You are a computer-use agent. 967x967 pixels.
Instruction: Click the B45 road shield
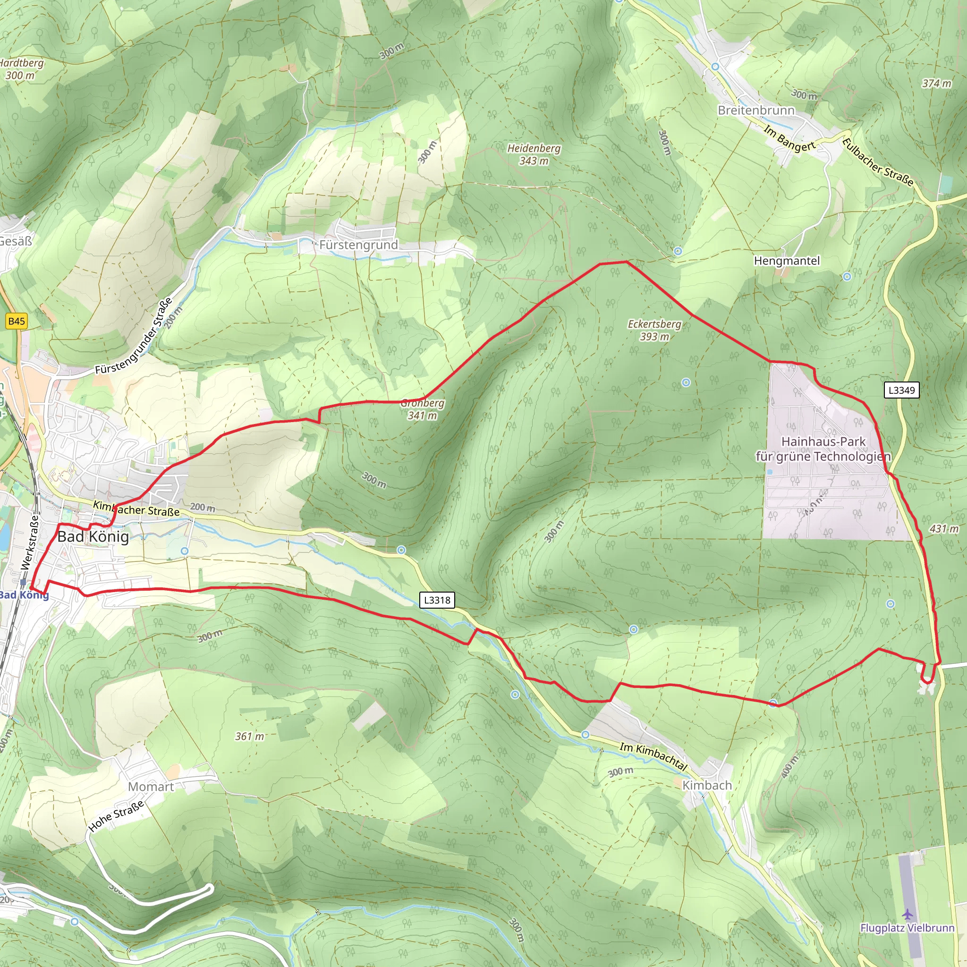tap(17, 322)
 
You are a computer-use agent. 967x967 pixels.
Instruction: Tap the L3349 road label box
tap(901, 390)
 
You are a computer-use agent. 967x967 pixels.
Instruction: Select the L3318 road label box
tap(437, 600)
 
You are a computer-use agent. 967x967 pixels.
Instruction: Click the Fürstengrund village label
tap(358, 245)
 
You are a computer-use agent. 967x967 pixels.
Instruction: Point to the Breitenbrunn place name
tap(756, 110)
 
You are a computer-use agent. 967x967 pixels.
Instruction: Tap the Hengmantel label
tap(787, 261)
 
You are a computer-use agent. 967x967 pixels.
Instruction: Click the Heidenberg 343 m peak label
tap(534, 154)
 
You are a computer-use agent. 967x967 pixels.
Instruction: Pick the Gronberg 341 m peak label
tap(423, 409)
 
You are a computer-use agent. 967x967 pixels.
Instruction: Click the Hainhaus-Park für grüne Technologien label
tap(823, 449)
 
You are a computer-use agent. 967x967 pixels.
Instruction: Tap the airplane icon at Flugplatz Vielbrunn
tap(908, 915)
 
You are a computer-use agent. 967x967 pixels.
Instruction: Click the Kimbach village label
tap(707, 785)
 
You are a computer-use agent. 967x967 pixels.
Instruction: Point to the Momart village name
tap(151, 787)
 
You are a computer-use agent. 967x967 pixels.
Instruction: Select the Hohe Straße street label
tap(116, 816)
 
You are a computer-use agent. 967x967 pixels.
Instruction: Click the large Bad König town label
tap(93, 536)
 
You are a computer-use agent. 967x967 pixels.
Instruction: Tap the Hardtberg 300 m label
tap(21, 68)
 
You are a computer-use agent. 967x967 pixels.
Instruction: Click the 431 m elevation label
tap(944, 528)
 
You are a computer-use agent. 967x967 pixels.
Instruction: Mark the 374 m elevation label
tap(936, 83)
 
